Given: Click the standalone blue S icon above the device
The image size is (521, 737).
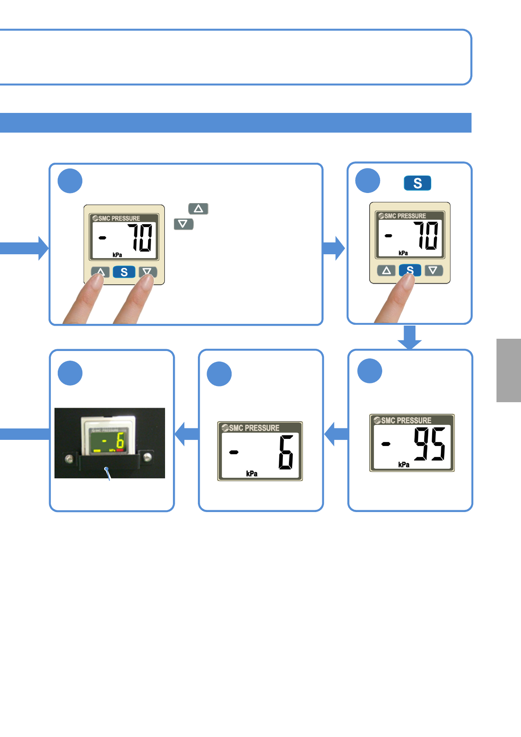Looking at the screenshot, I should tap(417, 183).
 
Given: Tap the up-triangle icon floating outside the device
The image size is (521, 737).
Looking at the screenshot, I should tap(198, 209).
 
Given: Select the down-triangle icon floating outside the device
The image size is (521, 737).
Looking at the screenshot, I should tap(183, 224).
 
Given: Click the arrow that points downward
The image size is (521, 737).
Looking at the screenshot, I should tap(410, 337).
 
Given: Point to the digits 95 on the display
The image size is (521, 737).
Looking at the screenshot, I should tap(429, 444).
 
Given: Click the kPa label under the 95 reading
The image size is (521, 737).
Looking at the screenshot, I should tap(404, 464).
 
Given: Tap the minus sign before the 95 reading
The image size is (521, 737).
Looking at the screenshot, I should tap(386, 444).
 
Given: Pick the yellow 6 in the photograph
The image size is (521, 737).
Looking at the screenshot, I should tap(120, 442).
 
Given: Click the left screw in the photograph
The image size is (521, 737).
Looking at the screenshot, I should tap(69, 458).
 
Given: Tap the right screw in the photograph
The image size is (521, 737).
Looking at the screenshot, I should tap(148, 457).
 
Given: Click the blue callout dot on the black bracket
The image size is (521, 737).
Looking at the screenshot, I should tap(106, 469).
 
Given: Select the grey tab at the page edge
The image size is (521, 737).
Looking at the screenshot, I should tap(509, 370).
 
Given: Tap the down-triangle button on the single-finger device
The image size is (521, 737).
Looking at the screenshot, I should tap(433, 270).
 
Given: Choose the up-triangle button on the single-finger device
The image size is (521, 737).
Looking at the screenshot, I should tap(386, 270).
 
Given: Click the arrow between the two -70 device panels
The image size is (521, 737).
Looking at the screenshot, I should tap(334, 248).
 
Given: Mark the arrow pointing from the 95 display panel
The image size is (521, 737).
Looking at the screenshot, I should tap(336, 434).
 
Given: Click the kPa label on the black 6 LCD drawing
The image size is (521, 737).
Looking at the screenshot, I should tap(252, 474).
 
